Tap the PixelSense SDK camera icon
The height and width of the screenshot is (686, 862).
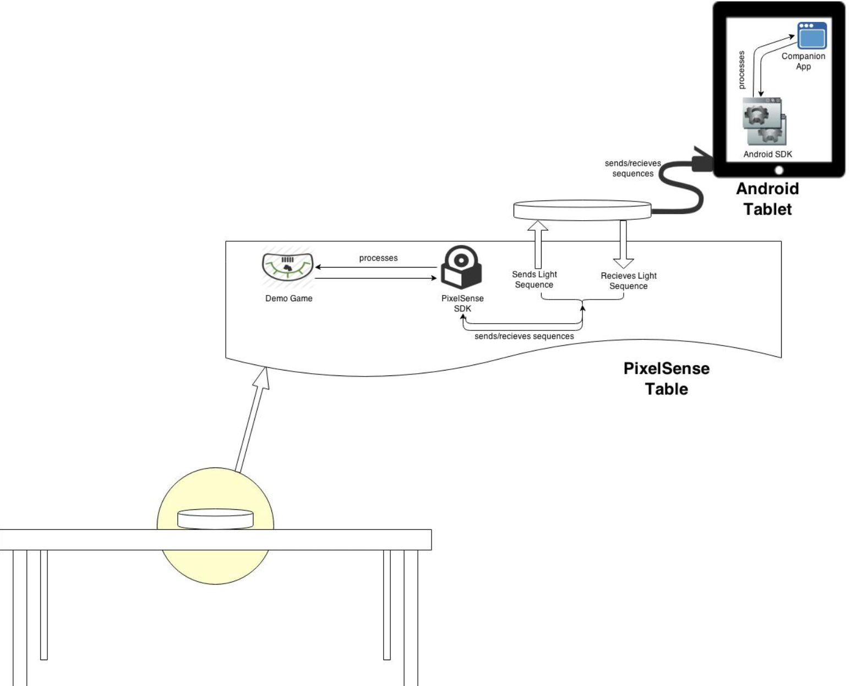pyautogui.click(x=461, y=268)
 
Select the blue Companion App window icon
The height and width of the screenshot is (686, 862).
pyautogui.click(x=812, y=36)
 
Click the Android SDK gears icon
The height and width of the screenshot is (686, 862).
pyautogui.click(x=764, y=122)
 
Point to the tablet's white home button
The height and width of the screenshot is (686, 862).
pyautogui.click(x=779, y=170)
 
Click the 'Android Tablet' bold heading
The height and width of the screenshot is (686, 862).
pyautogui.click(x=767, y=199)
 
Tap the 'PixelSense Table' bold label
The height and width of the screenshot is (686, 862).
pyautogui.click(x=666, y=378)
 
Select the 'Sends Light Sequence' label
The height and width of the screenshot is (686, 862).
pyautogui.click(x=534, y=279)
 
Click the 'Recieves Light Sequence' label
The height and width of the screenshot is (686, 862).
pyautogui.click(x=629, y=281)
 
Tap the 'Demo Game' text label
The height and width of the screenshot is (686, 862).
pyautogui.click(x=288, y=298)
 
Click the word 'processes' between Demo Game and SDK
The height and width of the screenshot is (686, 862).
pyautogui.click(x=378, y=258)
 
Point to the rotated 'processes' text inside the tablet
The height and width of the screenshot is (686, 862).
pyautogui.click(x=741, y=70)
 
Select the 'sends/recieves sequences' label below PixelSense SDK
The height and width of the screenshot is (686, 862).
pyautogui.click(x=524, y=336)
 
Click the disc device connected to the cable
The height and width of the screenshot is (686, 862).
pyautogui.click(x=582, y=210)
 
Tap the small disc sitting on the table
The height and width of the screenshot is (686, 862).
pyautogui.click(x=215, y=519)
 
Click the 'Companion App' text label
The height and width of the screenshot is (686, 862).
pyautogui.click(x=803, y=61)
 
